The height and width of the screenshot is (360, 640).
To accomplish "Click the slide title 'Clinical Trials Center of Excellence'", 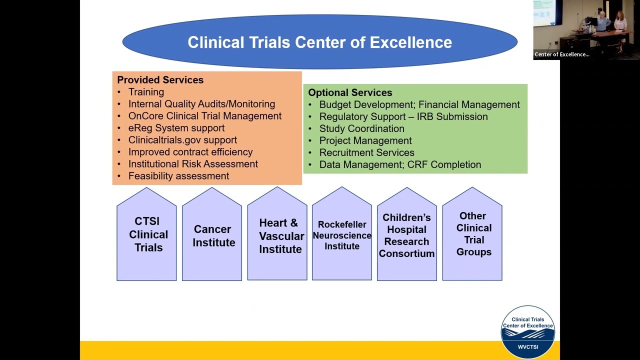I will click(x=319, y=42).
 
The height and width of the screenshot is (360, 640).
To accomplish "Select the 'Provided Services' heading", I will click(x=160, y=80).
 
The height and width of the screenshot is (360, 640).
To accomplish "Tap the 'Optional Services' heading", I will click(x=350, y=92).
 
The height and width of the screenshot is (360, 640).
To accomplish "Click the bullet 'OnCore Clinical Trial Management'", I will click(x=204, y=116).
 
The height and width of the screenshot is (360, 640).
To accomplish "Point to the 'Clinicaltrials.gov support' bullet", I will click(x=182, y=140).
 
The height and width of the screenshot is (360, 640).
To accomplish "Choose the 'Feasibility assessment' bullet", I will click(x=178, y=176).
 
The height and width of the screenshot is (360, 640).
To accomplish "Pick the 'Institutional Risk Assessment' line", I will click(x=193, y=164).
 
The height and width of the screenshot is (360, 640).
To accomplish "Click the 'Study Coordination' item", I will click(x=361, y=128).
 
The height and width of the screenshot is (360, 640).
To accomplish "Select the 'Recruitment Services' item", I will click(x=366, y=152).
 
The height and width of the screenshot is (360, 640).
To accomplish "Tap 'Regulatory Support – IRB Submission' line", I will click(x=403, y=116).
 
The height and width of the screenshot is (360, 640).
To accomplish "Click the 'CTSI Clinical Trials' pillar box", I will click(x=147, y=234).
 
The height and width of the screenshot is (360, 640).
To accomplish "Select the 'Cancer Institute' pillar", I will click(x=212, y=235).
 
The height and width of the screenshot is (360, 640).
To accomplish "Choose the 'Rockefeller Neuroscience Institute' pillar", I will click(x=342, y=235).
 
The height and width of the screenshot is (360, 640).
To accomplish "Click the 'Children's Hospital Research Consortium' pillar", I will click(x=406, y=235).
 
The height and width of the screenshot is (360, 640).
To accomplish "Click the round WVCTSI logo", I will click(x=527, y=331).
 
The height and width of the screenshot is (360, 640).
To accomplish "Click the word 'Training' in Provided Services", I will click(x=146, y=92).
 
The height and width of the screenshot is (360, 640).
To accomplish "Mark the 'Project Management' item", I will click(x=365, y=140).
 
